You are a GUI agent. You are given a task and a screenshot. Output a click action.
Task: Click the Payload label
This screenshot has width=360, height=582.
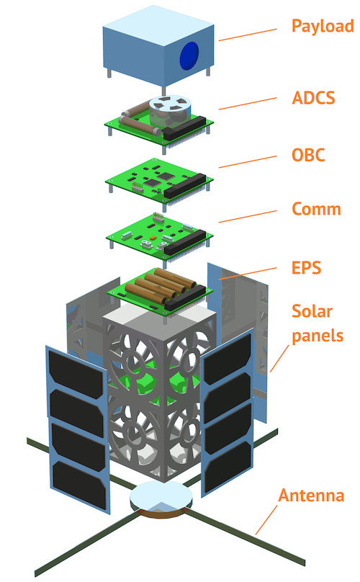323,27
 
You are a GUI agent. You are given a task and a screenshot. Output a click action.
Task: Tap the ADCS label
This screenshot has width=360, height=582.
314,98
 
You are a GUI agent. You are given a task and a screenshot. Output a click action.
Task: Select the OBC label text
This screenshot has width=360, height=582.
308,155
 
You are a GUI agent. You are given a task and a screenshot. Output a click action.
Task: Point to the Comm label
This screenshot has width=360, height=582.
317,209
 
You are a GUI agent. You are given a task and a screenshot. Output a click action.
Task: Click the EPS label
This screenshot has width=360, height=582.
306,268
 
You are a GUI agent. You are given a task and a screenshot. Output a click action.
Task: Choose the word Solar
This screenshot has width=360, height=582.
312,311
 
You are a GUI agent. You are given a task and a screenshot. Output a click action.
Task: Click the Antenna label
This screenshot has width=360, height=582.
311,496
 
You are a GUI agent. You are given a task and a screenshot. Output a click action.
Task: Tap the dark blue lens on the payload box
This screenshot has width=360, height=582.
189,55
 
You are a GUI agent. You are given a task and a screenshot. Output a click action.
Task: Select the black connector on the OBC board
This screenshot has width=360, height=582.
184,186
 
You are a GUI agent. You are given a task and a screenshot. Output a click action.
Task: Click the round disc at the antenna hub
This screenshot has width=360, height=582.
161,496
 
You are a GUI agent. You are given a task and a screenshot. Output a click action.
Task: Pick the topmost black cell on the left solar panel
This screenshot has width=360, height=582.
76,370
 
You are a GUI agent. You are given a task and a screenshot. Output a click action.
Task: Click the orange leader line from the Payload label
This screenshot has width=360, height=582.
248,35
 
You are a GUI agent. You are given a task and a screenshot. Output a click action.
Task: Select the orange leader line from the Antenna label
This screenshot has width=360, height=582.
266,519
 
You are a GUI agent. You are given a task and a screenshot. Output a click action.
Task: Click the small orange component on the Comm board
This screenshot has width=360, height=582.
152,237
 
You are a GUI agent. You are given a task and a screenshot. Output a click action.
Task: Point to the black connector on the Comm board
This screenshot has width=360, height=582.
185,242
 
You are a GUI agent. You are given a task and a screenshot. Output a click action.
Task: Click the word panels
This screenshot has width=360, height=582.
318,336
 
